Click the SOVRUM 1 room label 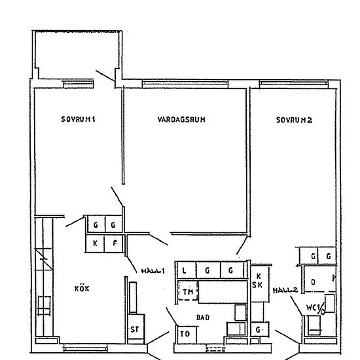[78, 120]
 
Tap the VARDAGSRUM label [182, 120]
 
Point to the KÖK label [82, 287]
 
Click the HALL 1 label [152, 271]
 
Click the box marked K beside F [96, 243]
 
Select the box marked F [114, 243]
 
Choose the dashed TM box [189, 291]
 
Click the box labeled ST [135, 330]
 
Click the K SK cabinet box [259, 281]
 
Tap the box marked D [314, 282]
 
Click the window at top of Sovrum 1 [77, 83]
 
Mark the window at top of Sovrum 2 [293, 83]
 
